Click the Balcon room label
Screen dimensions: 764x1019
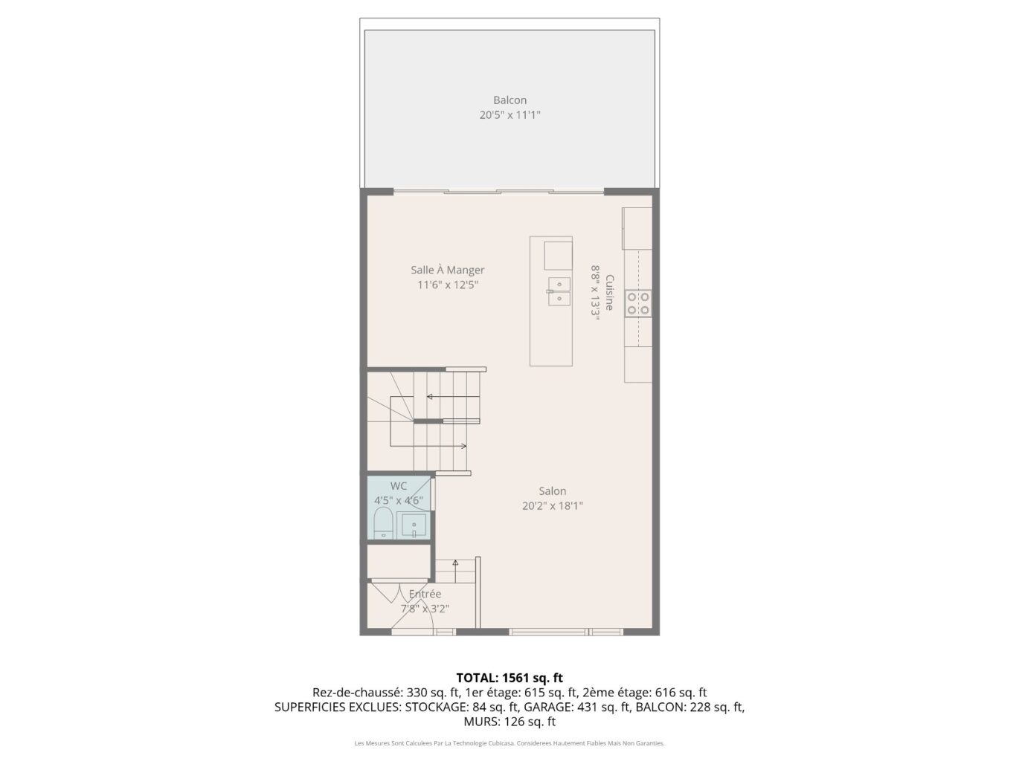click(509, 100)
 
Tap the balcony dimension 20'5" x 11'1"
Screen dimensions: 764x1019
click(509, 115)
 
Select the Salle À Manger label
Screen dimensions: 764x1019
click(447, 270)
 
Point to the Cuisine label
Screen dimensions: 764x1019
click(609, 293)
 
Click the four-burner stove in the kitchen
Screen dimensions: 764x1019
click(638, 303)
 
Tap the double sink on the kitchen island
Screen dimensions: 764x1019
click(559, 291)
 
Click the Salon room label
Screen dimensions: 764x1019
click(552, 491)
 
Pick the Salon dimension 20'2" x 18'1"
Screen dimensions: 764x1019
click(552, 506)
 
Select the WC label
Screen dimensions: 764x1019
click(399, 486)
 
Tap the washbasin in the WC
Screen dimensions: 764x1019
click(414, 526)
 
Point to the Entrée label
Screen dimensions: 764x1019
click(425, 594)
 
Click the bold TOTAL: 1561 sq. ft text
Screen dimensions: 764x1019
click(509, 678)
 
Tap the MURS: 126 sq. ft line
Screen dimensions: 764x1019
click(509, 722)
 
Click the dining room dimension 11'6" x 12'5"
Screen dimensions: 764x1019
click(447, 285)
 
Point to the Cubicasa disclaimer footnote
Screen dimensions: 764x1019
click(509, 743)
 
